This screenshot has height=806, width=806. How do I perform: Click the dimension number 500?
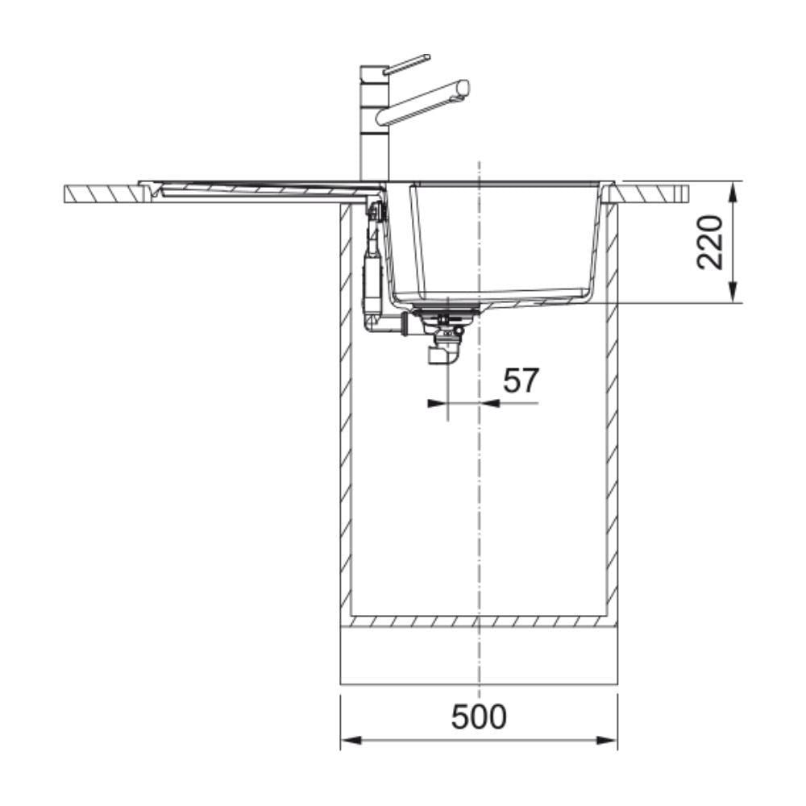(479, 717)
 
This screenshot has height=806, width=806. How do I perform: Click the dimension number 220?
(710, 243)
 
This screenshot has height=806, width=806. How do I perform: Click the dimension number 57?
(521, 380)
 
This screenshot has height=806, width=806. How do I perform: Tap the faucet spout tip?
(464, 88)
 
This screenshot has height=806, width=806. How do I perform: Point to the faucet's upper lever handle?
(406, 64)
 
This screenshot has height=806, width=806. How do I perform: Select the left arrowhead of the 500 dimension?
(351, 741)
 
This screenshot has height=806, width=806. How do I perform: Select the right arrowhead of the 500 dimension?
(607, 741)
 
